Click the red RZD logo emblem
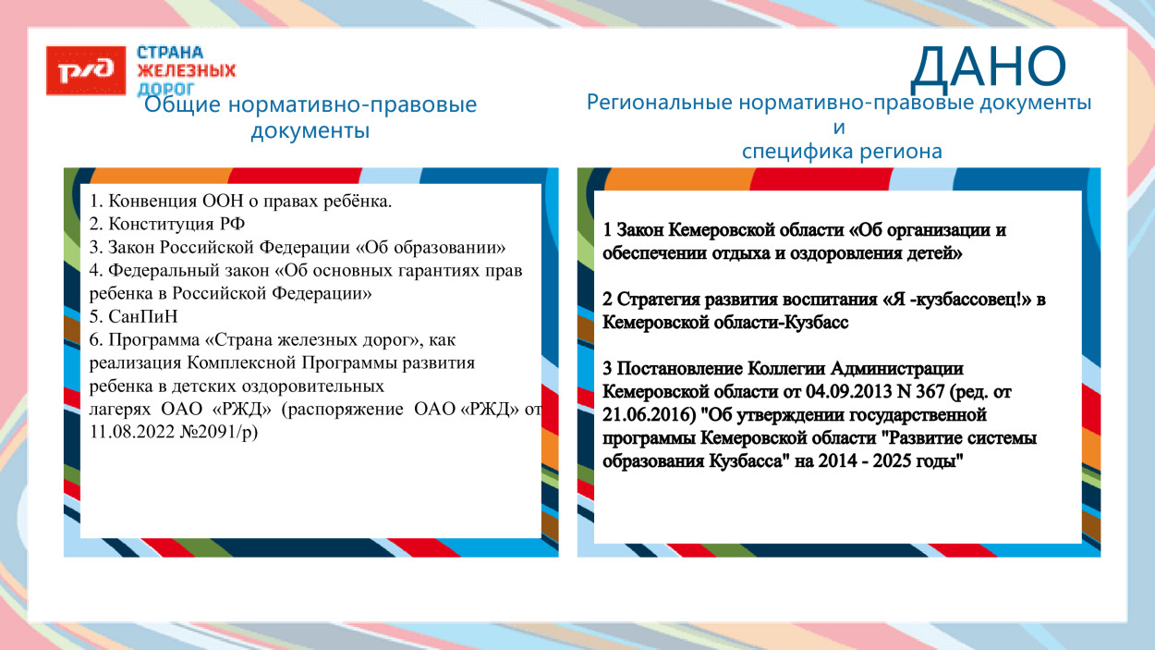[x=87, y=70]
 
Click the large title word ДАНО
[x=988, y=66]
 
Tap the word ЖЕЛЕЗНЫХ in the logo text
[x=186, y=70]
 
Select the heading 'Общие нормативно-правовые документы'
[x=310, y=117]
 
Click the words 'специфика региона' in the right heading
[x=842, y=152]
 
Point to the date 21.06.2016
[x=644, y=414]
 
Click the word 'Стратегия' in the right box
[x=654, y=300]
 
